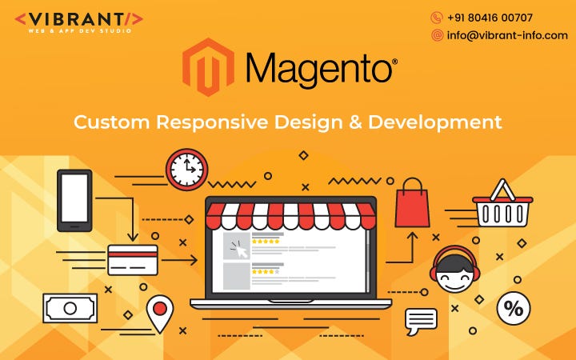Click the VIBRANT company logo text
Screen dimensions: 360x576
[x=79, y=18]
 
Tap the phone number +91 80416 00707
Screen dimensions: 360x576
[x=490, y=18]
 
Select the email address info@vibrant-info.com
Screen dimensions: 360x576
[x=507, y=35]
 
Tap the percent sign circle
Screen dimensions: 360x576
[x=514, y=308]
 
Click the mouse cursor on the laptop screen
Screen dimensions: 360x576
[x=238, y=249]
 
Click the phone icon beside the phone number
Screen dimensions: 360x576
[x=437, y=18]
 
